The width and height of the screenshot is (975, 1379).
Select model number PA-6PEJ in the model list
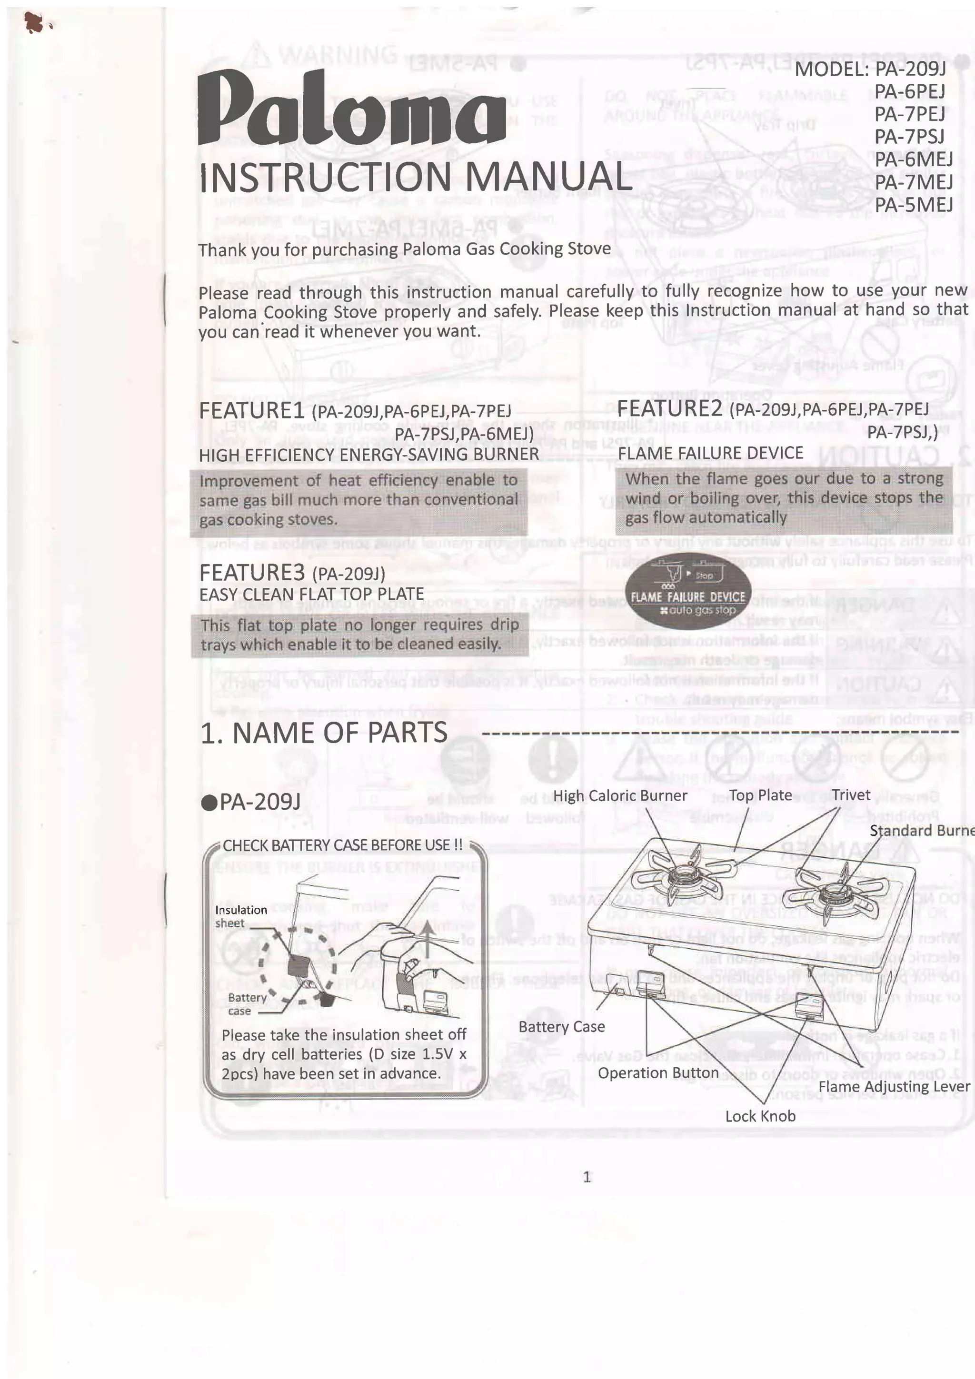909,91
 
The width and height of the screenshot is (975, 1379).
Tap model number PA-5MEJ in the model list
913,205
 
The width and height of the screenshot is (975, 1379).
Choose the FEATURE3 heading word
252,572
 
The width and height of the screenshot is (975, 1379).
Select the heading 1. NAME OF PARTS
324,733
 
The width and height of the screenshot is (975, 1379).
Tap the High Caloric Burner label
619,796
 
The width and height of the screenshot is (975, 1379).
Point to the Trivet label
851,795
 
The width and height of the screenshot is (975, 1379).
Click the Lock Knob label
760,1116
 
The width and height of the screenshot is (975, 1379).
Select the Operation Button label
658,1073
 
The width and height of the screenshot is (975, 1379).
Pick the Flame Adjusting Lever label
893,1087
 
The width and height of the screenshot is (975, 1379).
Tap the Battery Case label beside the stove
561,1026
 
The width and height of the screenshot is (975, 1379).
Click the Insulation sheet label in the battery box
240,916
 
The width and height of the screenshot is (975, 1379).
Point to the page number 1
587,1177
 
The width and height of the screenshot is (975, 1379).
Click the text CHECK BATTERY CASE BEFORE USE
342,845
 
